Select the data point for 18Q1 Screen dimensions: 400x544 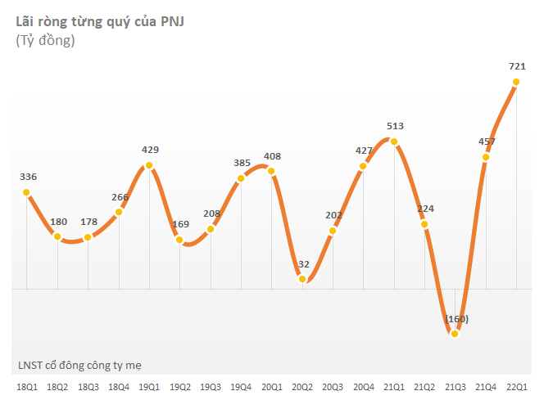coord(26,193)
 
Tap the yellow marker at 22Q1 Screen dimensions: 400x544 coord(517,82)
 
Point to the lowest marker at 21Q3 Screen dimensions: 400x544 coord(456,332)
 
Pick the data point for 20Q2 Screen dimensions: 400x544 coord(302,279)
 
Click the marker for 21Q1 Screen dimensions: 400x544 coord(394,142)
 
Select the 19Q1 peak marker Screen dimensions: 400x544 coord(149,166)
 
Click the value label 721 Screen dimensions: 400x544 coord(517,65)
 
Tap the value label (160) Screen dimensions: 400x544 coord(456,318)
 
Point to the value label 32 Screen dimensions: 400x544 coord(303,264)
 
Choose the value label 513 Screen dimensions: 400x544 coord(395,126)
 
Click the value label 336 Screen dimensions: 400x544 coord(27,177)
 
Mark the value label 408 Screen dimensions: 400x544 coord(272,155)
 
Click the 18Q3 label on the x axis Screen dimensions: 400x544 coord(88,386)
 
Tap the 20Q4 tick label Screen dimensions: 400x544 coord(364,386)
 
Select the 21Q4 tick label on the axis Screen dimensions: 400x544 coord(487,386)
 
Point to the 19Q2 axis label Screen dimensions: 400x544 coord(179,386)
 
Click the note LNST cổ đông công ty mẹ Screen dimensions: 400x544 coord(85,365)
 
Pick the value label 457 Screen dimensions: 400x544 coord(487,142)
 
